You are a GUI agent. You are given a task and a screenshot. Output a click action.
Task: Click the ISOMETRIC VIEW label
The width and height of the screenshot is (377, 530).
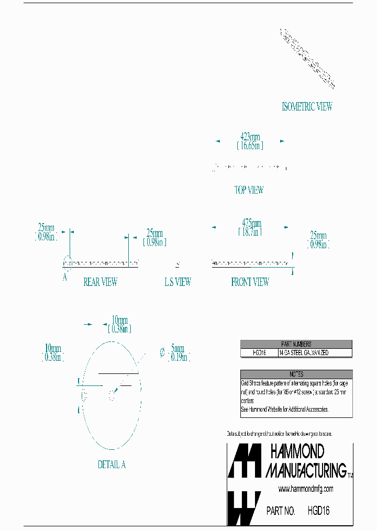[x=307, y=107]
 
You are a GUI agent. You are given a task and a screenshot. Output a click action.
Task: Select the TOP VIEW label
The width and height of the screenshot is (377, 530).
[x=249, y=190]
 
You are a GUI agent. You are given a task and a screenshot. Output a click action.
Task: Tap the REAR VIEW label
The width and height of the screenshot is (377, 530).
[x=100, y=282]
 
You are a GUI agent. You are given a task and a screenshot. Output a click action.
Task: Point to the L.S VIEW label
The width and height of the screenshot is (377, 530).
[x=178, y=282]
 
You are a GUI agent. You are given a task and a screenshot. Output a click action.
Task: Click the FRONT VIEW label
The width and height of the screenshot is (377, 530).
[x=250, y=282]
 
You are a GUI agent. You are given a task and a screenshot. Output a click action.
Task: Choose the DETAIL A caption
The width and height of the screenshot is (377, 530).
[x=112, y=465]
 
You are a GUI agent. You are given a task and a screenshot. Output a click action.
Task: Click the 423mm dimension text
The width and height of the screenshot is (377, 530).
[x=250, y=137]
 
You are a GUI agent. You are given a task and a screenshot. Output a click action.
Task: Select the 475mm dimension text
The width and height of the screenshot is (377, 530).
[x=250, y=223]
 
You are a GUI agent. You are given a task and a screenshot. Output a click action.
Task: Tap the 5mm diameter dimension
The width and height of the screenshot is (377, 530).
[x=178, y=348]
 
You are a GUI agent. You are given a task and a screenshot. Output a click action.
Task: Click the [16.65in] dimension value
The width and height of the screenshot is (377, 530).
[x=250, y=146]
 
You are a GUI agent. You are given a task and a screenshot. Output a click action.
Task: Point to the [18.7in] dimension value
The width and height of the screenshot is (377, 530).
[x=250, y=231]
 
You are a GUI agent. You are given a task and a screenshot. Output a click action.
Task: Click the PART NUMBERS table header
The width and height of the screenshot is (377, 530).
[x=296, y=344]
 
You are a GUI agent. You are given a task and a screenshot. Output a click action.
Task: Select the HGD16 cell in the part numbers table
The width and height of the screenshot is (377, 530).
[x=259, y=353]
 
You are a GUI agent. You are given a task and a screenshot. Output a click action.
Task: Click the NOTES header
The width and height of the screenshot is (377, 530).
[x=296, y=374]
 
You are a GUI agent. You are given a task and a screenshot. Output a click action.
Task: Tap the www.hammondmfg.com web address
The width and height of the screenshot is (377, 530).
[x=305, y=489]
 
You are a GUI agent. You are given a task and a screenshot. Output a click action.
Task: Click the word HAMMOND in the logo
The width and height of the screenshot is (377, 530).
[x=297, y=451]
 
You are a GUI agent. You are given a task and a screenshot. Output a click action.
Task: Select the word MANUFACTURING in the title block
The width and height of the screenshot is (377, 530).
[x=306, y=470]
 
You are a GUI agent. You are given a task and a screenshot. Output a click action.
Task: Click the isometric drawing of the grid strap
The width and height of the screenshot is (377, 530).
[x=307, y=58]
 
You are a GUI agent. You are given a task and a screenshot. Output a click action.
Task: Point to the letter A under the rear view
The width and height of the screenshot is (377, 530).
[x=65, y=278]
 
